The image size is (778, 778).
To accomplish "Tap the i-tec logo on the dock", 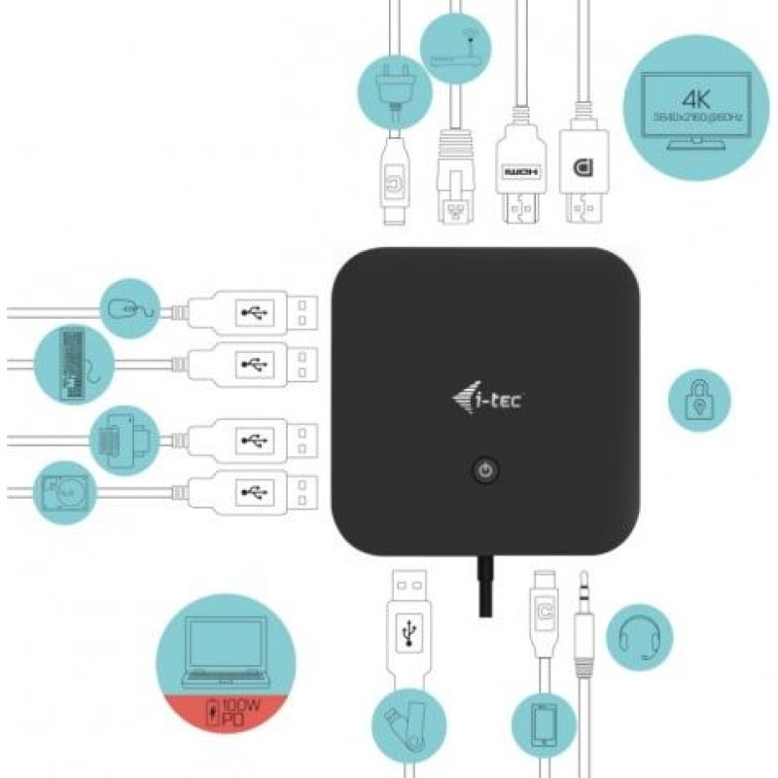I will point(487,399).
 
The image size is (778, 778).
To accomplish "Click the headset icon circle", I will point(639,638).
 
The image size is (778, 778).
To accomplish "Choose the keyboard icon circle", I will point(74,366).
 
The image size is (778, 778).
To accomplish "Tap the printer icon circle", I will point(124,440).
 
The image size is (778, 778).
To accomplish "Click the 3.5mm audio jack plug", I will point(584,622).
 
